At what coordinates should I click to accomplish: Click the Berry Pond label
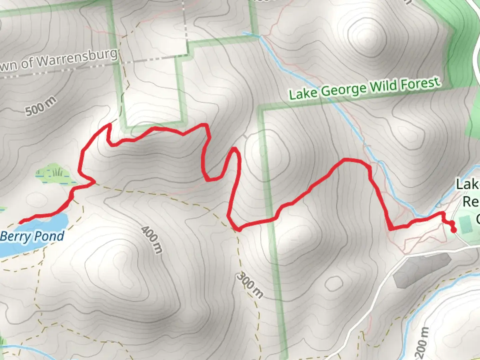pos(32,236)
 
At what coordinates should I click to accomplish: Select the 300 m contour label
pos(250,285)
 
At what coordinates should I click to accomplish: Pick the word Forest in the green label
pos(420,83)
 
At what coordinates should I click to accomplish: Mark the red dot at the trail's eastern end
pos(453,230)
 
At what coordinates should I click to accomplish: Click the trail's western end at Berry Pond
pos(21,222)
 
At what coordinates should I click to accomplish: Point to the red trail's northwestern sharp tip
pos(109,125)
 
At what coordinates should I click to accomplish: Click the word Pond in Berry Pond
pos(49,236)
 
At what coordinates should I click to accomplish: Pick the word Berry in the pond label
pos(15,237)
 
